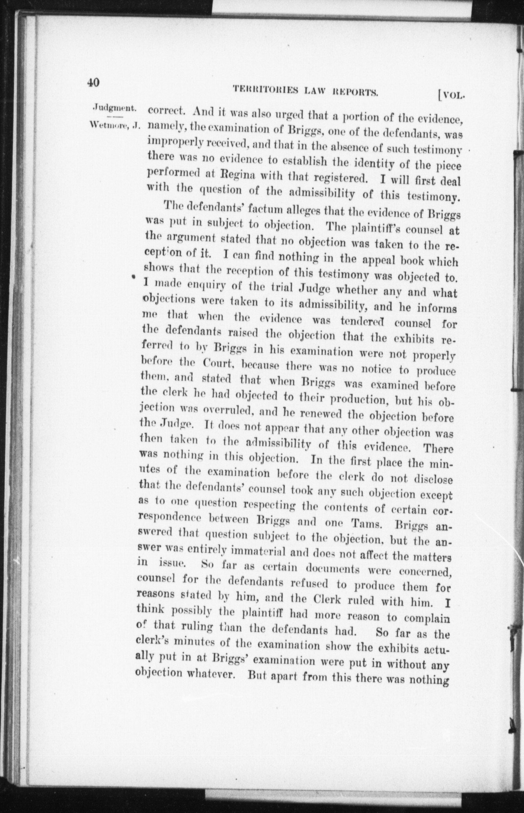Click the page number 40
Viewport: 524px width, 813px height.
tap(94, 82)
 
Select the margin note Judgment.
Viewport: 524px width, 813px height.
tap(115, 108)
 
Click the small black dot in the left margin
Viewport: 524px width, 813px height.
tap(134, 277)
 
